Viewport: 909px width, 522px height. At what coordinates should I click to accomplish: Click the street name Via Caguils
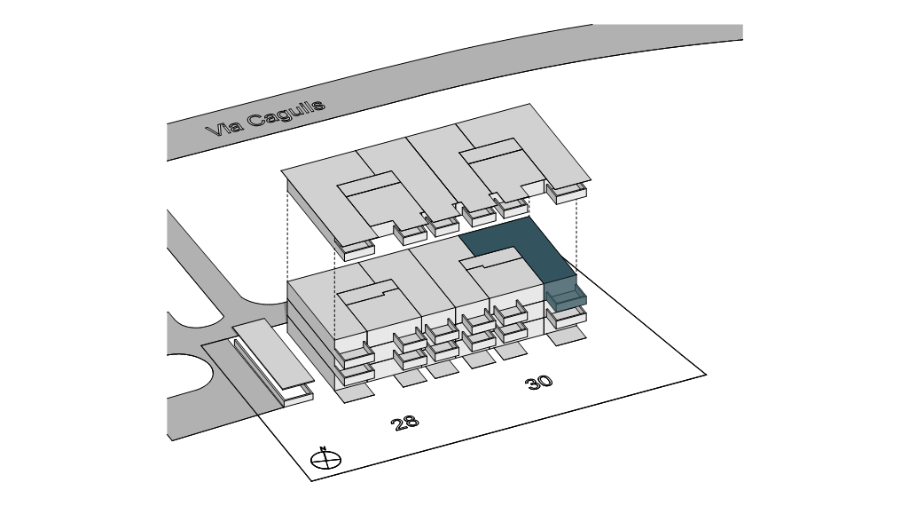pyautogui.click(x=265, y=118)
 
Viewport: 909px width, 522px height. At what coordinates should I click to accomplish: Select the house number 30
pyautogui.click(x=539, y=382)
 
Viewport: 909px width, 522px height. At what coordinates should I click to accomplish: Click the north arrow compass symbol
pyautogui.click(x=326, y=460)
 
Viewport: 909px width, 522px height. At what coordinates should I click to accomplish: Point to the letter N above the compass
pyautogui.click(x=324, y=448)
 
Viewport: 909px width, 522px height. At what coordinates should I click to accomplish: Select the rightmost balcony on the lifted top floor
pyautogui.click(x=568, y=192)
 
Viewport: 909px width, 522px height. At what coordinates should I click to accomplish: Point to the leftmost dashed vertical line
pyautogui.click(x=287, y=231)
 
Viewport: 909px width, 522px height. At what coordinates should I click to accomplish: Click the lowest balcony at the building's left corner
pyautogui.click(x=354, y=375)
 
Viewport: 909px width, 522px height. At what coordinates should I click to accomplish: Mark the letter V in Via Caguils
pyautogui.click(x=214, y=132)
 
